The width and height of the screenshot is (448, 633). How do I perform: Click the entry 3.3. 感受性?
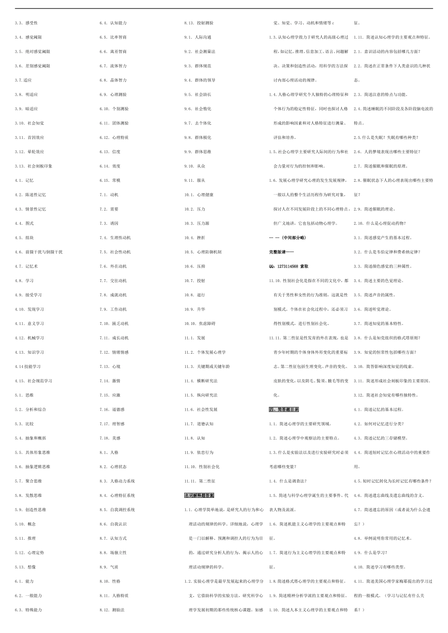pos(26,23)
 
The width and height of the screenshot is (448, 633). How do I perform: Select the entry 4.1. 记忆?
pos(24,180)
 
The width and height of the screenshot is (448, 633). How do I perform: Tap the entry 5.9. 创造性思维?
pos(31,510)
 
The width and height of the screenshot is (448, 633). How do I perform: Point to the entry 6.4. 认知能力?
pos(113,23)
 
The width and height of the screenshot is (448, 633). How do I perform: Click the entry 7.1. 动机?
pos(109,195)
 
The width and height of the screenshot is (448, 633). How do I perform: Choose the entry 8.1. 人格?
pos(109,453)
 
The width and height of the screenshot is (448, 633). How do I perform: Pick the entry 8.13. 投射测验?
pos(199,23)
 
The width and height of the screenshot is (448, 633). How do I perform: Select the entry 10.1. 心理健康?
pos(199,195)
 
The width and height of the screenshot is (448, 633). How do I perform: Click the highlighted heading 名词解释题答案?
pos(199,495)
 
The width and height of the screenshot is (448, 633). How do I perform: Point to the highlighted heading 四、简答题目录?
pos(284,410)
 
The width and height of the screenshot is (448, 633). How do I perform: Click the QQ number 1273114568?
pos(287,267)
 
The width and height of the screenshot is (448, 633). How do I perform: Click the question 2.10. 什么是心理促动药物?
pos(379,224)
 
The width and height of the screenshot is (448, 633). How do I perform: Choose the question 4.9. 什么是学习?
pos(370,553)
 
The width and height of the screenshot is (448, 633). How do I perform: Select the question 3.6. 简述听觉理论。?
pos(372,309)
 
